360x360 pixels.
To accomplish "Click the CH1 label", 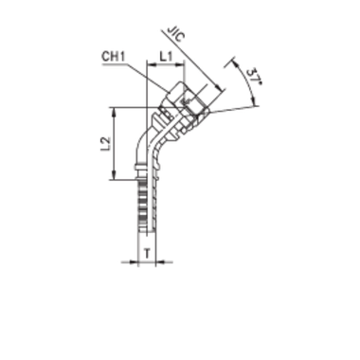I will [116, 59].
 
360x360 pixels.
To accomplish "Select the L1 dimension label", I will [167, 60].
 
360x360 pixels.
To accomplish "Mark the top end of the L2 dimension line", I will [115, 109].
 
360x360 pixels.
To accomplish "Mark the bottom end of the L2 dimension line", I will [115, 178].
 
